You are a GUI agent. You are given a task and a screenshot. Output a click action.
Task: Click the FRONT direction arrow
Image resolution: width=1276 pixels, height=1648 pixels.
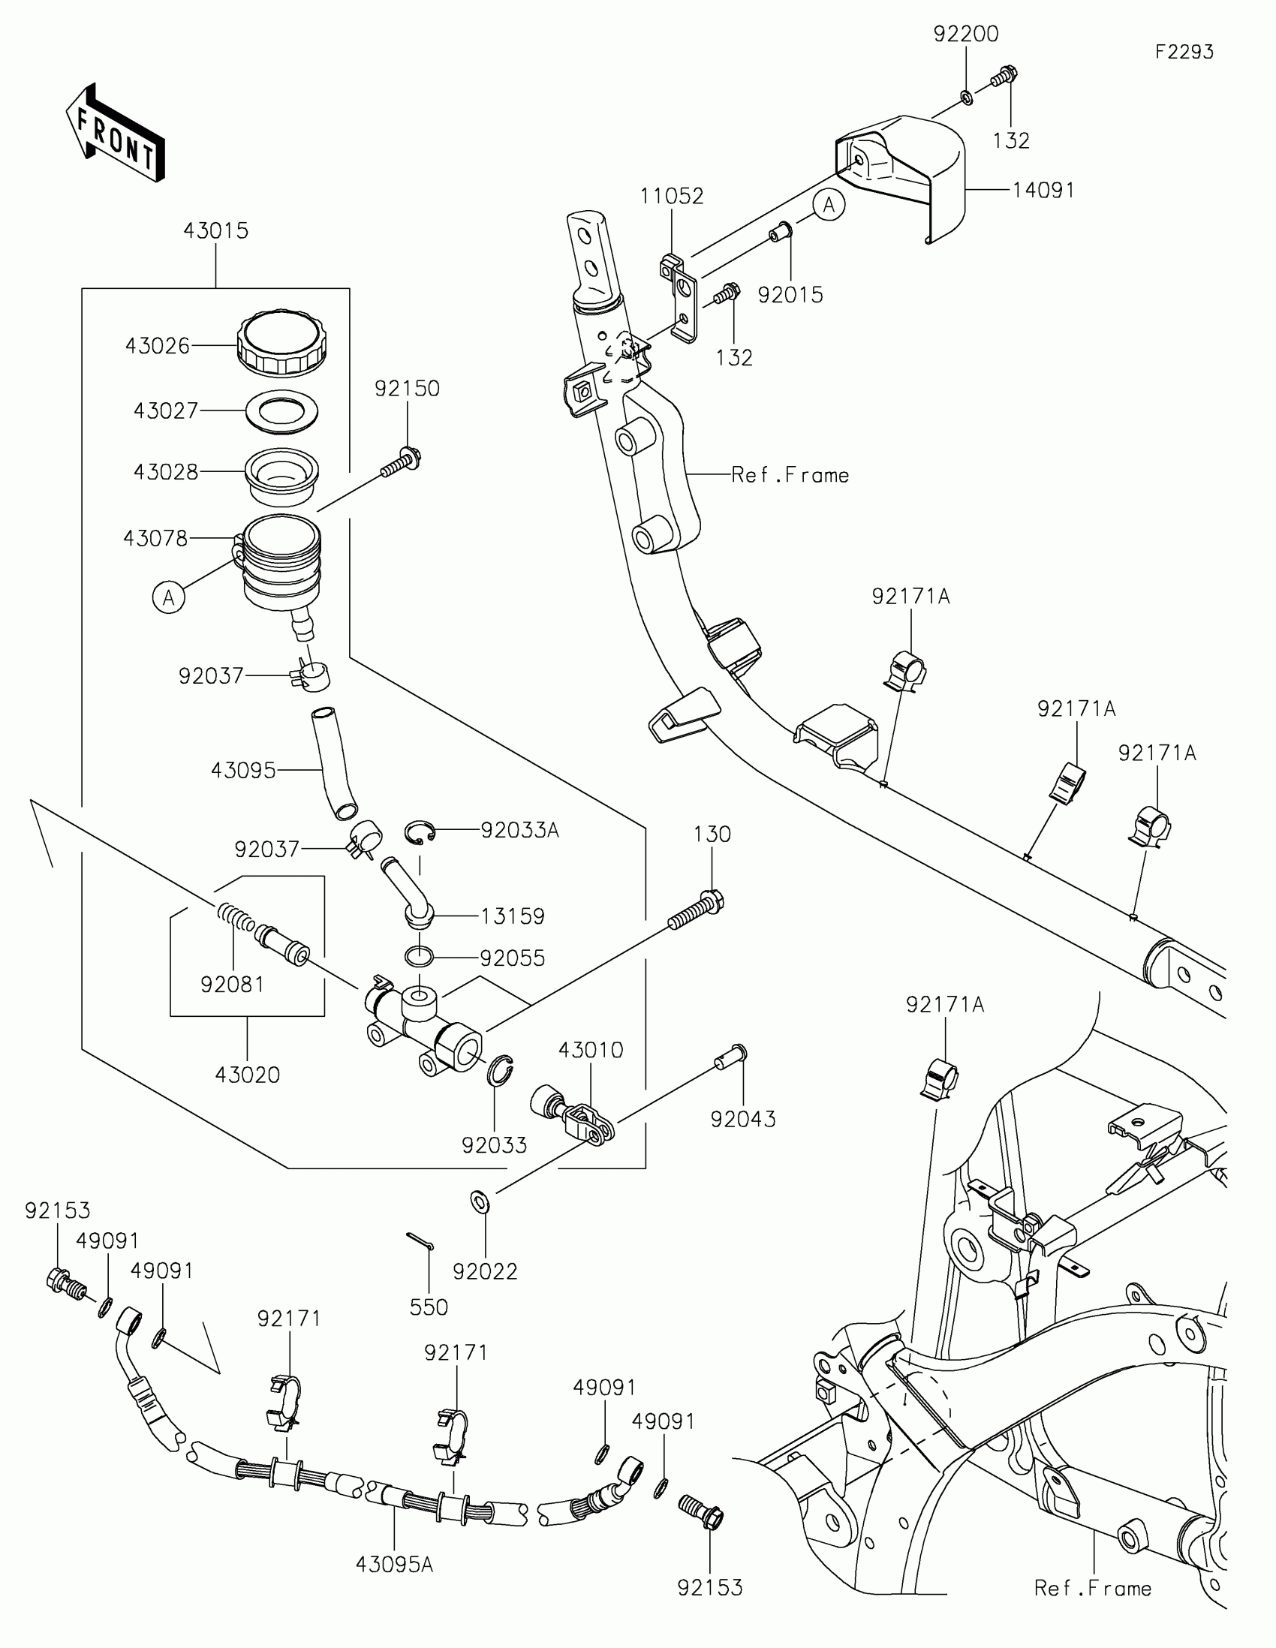[115, 133]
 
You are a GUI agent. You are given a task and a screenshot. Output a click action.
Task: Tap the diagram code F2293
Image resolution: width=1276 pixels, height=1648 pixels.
[1184, 52]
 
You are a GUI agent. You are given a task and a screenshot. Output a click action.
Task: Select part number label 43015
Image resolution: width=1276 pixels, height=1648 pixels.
[216, 231]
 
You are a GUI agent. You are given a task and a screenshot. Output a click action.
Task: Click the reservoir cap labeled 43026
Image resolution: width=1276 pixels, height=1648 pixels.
[282, 344]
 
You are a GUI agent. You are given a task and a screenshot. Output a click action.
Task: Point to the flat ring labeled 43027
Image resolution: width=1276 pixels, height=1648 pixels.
[281, 411]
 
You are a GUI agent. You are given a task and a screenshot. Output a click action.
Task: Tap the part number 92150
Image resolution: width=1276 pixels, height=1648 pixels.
[407, 389]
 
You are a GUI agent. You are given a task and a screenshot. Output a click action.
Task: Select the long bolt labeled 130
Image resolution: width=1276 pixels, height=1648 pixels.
[696, 911]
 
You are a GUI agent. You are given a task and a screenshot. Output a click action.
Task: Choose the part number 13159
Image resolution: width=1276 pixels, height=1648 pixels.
[513, 916]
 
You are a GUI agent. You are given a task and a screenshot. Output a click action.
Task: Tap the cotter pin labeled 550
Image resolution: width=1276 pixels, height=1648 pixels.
[420, 1241]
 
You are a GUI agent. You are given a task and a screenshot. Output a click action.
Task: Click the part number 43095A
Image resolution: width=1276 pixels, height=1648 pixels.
[394, 1565]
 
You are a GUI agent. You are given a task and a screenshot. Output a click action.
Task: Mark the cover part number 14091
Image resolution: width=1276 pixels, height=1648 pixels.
[1043, 191]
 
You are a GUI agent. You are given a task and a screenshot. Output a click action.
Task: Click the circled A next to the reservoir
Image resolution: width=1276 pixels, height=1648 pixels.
[168, 597]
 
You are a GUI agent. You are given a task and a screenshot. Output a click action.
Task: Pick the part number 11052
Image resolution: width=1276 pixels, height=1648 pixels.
[672, 196]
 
